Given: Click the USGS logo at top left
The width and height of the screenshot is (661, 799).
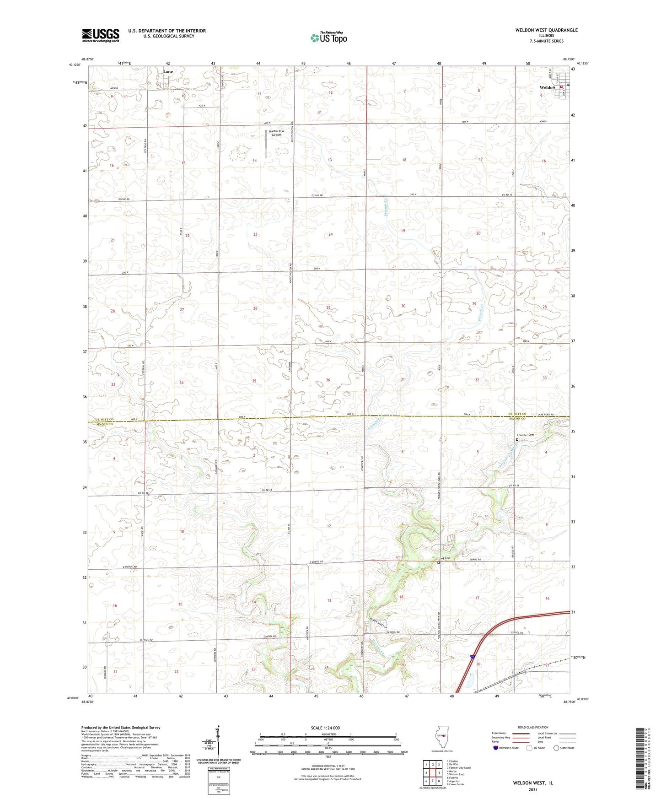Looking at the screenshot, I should point(100,35).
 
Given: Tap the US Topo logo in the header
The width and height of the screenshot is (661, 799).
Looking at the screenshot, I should point(328,38).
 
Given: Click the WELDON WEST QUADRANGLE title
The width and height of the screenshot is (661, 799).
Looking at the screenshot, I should point(540,30).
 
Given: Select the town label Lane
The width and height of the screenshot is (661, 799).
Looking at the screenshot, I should point(168,72).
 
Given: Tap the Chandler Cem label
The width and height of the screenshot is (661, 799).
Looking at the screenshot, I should point(525,435).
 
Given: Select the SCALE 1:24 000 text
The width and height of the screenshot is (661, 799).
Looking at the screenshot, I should point(325,728).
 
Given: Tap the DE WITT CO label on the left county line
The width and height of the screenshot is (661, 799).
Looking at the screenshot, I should point(104,420).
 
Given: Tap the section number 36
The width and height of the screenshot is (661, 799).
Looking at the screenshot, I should point(328,380).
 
